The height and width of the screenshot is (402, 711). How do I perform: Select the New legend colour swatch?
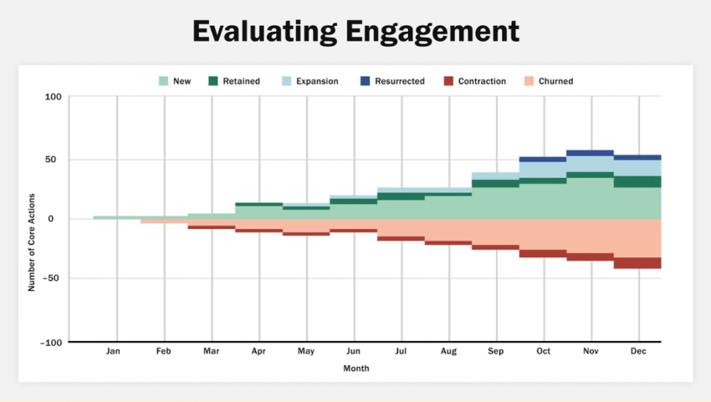tap(164, 81)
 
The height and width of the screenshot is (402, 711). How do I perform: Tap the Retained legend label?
tap(242, 81)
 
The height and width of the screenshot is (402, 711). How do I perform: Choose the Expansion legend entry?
tap(316, 81)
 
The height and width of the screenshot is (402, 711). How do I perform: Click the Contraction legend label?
tap(482, 81)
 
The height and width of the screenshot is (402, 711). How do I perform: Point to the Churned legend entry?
tap(555, 81)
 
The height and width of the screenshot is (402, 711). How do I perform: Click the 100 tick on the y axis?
tap(54, 97)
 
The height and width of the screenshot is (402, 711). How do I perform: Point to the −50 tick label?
tap(52, 278)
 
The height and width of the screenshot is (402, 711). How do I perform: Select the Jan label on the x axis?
tap(113, 352)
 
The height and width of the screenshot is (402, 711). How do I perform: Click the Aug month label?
tap(449, 352)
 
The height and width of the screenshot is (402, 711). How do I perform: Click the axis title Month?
tap(355, 369)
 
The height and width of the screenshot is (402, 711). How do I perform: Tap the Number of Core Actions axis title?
tap(32, 219)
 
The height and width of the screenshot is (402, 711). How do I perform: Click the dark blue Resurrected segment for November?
tap(590, 153)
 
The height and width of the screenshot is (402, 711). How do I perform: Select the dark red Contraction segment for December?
tap(637, 263)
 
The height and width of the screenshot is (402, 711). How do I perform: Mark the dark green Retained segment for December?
tap(637, 181)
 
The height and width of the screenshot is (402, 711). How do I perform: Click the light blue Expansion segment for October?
tap(542, 170)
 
